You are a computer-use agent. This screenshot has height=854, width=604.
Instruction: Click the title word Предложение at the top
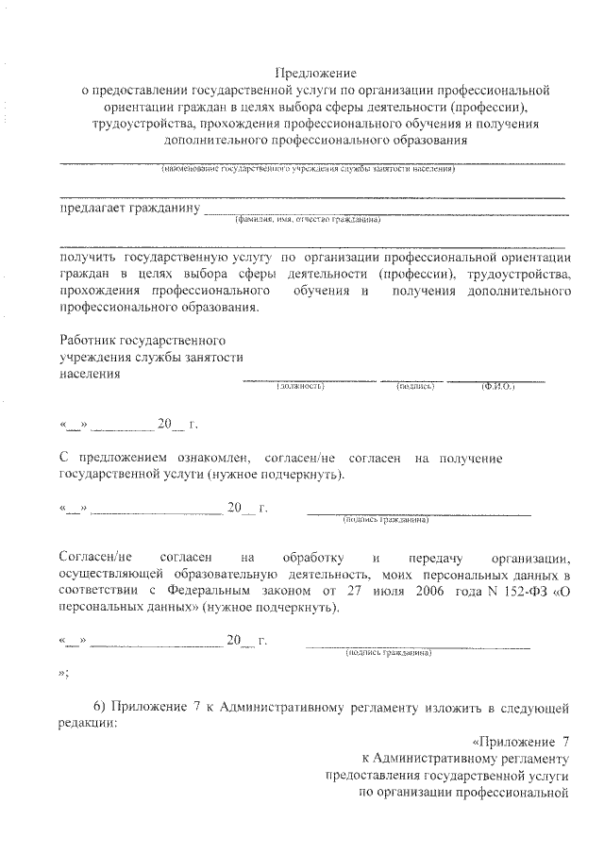coord(314,73)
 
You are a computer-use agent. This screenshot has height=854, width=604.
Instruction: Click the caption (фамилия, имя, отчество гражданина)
coord(309,220)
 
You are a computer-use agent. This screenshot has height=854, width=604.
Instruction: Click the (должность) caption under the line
coord(300,387)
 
